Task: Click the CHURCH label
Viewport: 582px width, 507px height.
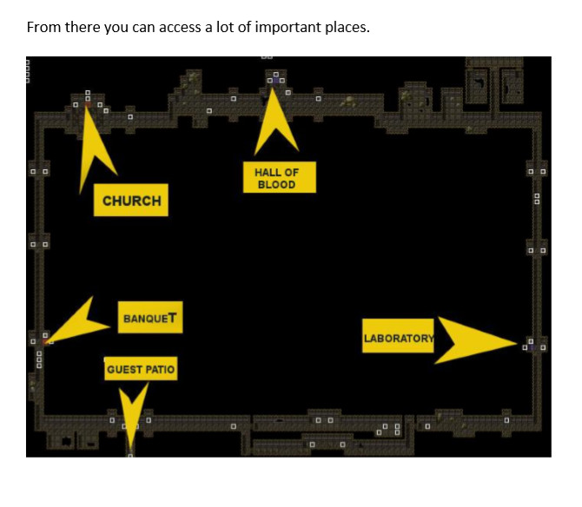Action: (x=131, y=201)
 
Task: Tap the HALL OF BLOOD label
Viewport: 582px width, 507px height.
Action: (x=275, y=178)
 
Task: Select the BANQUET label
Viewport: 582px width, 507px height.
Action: (x=151, y=318)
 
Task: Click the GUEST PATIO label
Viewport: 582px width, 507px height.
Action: (x=141, y=370)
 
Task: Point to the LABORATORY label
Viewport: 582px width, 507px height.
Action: (x=398, y=338)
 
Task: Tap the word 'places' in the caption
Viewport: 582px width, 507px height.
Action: (x=345, y=27)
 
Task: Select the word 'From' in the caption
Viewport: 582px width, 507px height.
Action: (x=43, y=27)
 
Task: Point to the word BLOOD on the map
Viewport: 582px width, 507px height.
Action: (x=276, y=184)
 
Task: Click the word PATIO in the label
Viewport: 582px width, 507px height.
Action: (x=160, y=370)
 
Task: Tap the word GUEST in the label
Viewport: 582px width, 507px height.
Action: (x=124, y=370)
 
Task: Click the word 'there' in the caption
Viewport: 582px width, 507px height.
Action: (x=83, y=27)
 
